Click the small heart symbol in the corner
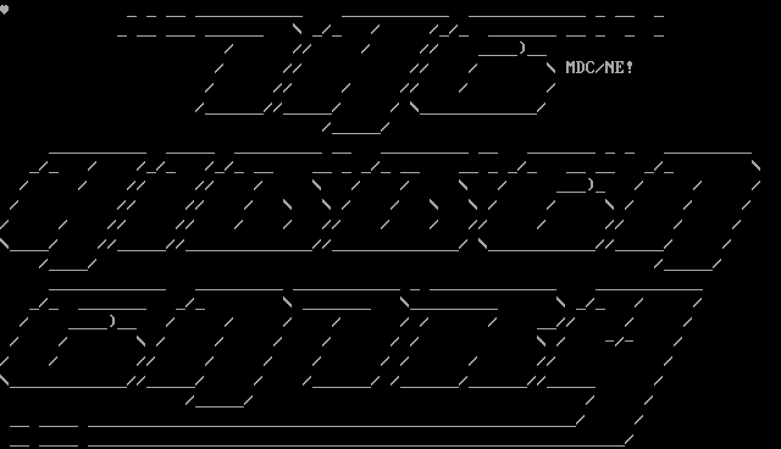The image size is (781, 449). point(4,10)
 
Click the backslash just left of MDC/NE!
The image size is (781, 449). point(551,68)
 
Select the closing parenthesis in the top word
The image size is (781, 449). point(522,48)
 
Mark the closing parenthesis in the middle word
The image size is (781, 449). point(590,184)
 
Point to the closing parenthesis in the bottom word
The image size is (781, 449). point(112,321)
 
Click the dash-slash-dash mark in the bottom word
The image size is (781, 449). point(619,340)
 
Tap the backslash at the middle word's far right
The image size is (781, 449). point(756,165)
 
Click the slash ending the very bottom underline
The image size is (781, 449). point(629,439)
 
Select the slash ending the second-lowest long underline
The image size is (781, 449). point(580,419)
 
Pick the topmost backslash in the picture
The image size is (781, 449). point(297,29)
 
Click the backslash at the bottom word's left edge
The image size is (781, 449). point(4,380)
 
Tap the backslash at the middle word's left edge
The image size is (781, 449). point(4,243)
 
